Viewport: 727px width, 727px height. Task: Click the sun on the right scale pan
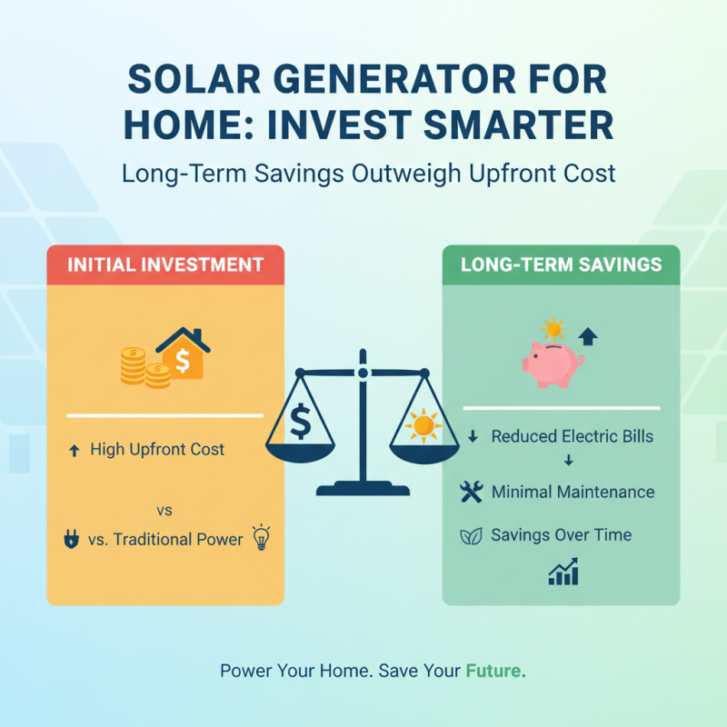point(423,424)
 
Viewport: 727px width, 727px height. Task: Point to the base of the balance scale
point(363,490)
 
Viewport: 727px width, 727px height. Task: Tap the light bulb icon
point(261,538)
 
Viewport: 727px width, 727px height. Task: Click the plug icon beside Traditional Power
point(70,540)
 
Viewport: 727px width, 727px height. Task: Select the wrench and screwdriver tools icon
point(472,493)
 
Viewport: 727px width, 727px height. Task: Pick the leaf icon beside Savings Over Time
point(471,535)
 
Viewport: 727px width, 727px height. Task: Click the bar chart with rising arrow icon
point(563,573)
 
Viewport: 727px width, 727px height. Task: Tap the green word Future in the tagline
point(494,672)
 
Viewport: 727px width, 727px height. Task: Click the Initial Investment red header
point(165,264)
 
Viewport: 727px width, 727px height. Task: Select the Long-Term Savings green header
point(561,264)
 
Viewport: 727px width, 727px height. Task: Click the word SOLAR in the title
point(184,79)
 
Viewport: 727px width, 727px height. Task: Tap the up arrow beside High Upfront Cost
point(74,450)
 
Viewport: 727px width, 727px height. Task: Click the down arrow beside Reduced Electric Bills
point(472,437)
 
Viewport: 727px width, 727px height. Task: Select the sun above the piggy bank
point(552,329)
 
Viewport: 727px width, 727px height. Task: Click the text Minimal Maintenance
point(573,493)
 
